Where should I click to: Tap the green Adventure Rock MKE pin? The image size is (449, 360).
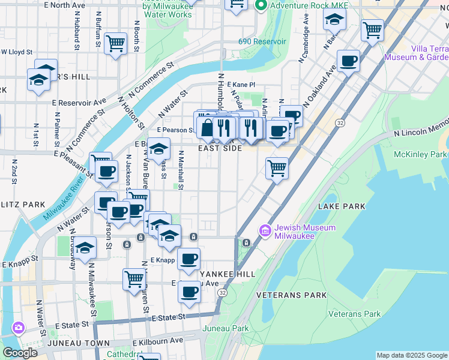tap(261, 5)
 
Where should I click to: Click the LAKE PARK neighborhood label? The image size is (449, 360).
tap(342, 206)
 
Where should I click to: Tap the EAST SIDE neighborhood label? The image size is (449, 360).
tap(220, 148)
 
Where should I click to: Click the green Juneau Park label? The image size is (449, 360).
tap(225, 328)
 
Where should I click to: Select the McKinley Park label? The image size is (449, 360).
tap(420, 155)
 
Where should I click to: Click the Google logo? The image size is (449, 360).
tap(19, 353)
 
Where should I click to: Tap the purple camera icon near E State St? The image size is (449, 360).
tap(18, 328)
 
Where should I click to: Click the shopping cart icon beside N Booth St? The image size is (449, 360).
tap(115, 43)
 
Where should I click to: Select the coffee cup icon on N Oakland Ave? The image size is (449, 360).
tap(348, 60)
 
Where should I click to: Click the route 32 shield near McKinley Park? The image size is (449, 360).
tap(340, 122)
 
